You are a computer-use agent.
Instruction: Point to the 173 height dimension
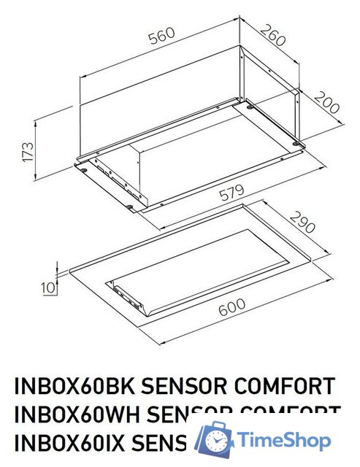pyautogui.click(x=28, y=151)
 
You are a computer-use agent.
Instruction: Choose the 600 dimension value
pyautogui.click(x=231, y=310)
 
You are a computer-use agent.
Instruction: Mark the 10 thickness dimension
pyautogui.click(x=49, y=287)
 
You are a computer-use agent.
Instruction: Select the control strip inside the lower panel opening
pyautogui.click(x=128, y=296)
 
